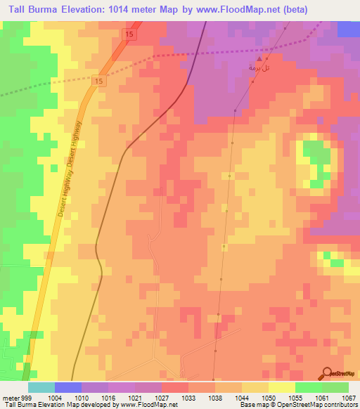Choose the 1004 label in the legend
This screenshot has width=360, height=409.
point(55,398)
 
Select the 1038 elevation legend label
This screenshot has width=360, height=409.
point(215,398)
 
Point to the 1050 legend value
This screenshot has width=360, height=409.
point(269,398)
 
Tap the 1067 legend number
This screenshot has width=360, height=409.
point(348,398)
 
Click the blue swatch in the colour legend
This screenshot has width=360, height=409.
point(68,387)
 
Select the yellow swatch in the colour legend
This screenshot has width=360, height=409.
point(281,387)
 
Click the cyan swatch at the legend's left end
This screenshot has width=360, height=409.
point(41,387)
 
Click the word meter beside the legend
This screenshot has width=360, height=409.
point(10,398)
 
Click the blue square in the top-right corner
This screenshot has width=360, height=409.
point(349,29)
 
